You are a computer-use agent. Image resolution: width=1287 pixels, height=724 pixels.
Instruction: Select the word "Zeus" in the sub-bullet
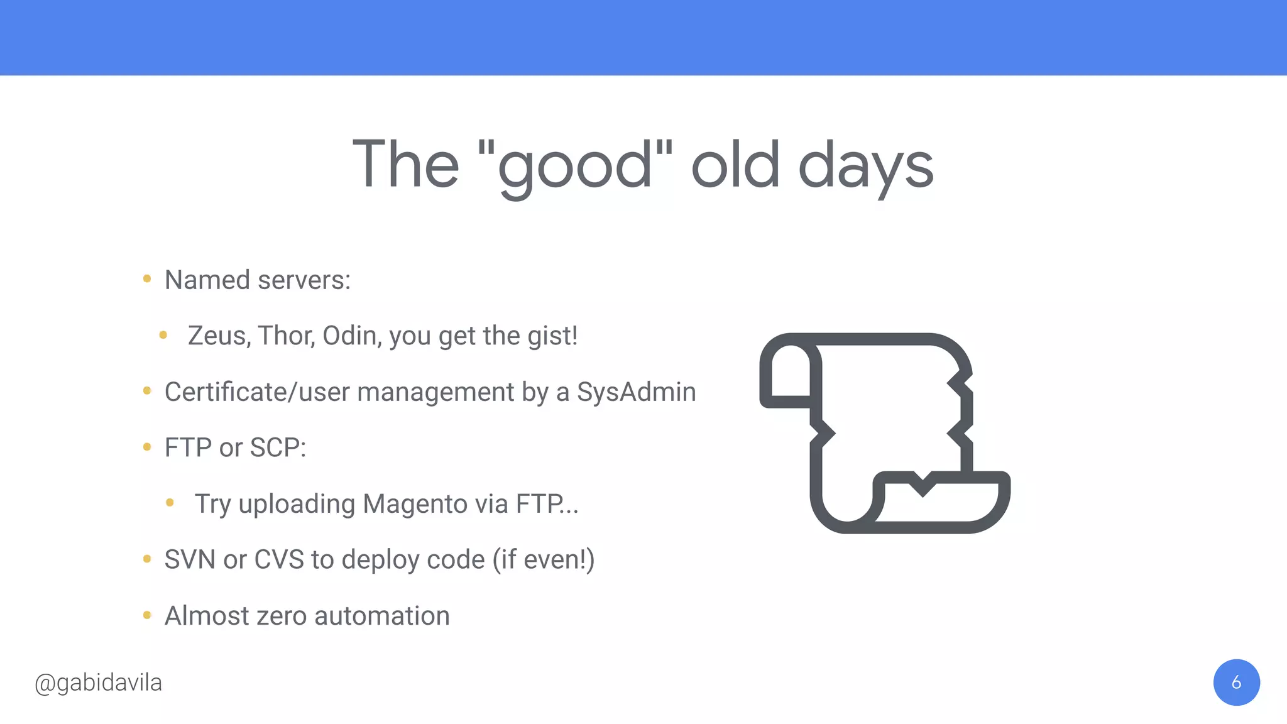pos(219,336)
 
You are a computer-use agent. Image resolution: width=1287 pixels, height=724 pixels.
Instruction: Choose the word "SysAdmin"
pos(636,392)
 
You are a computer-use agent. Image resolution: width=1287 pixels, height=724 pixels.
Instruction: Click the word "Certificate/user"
pos(257,392)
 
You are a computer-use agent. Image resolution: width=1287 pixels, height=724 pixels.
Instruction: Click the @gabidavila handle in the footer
pos(99,683)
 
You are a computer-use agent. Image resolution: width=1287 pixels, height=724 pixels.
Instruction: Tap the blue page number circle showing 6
pos(1236,683)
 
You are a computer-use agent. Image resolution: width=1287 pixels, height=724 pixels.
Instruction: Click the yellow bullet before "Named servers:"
pos(147,278)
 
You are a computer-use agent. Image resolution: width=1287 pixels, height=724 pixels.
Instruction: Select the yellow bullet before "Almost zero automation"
pos(147,615)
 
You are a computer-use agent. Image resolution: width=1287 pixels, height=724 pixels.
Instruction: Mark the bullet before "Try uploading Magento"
pos(170,502)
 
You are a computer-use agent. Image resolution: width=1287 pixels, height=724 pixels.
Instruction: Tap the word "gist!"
pos(552,336)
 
